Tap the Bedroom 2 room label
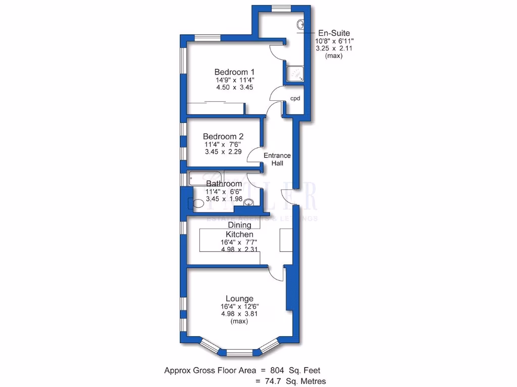[x=223, y=137]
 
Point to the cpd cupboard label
[x=295, y=98]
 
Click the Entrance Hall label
[x=278, y=159]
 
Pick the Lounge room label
[x=239, y=298]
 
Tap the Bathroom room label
[x=224, y=184]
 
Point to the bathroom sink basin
[x=248, y=203]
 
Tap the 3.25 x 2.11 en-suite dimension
[x=334, y=48]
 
